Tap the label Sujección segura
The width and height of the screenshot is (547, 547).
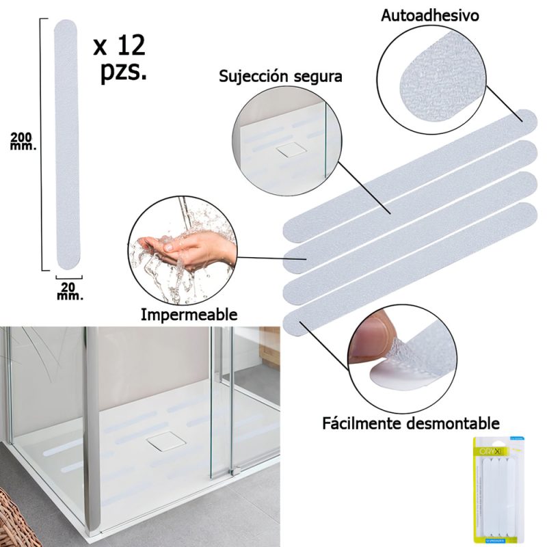280,75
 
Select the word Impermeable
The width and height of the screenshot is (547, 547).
189,315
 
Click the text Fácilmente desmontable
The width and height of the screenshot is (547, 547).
411,423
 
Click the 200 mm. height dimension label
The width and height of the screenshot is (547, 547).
23,141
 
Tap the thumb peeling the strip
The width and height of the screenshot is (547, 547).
373,339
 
